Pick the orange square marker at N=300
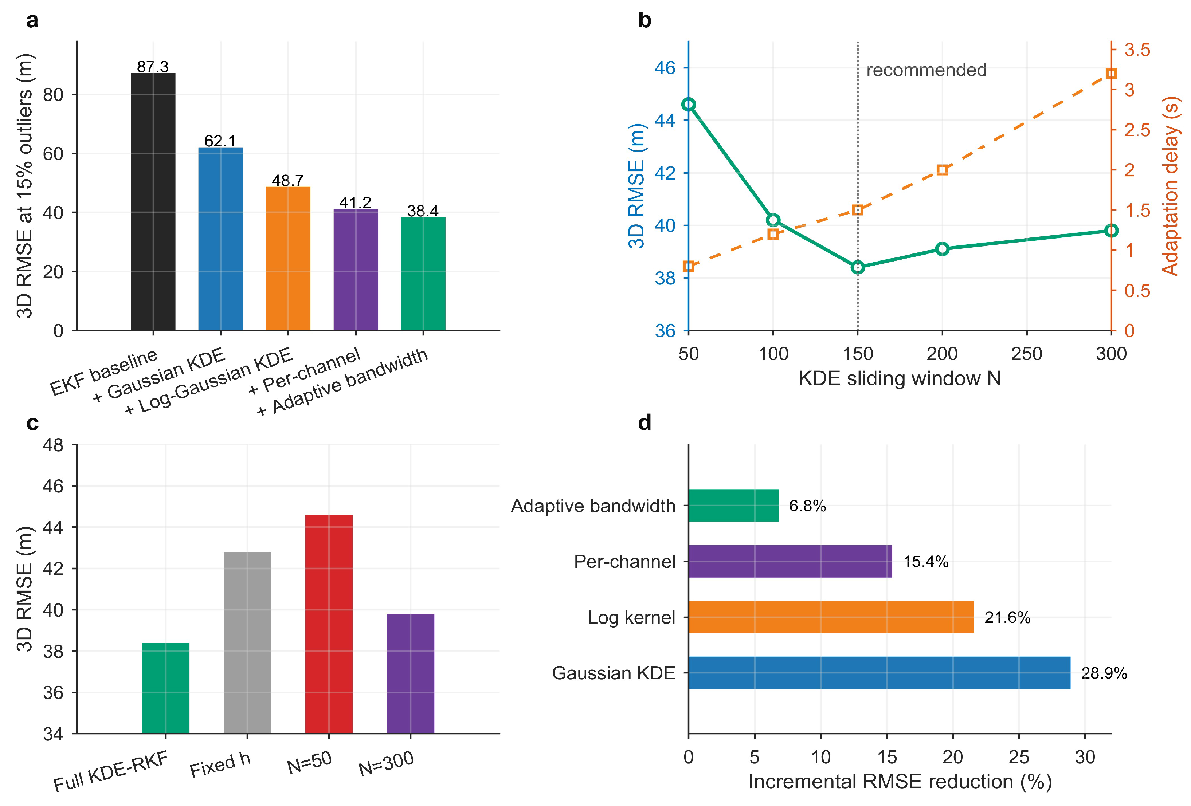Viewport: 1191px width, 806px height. pos(1111,73)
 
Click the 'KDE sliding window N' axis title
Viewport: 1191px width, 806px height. pos(900,378)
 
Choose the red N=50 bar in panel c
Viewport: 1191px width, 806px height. pos(329,624)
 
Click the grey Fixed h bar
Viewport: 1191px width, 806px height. pos(247,642)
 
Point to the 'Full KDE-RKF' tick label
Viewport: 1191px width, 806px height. pos(111,772)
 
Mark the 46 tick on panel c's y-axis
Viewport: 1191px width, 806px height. pos(53,486)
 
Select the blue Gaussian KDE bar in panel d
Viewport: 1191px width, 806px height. pos(879,673)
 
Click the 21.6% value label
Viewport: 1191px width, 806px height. pos(1007,617)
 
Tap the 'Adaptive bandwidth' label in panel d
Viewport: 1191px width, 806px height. pos(593,506)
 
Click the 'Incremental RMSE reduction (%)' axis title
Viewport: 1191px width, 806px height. pos(900,781)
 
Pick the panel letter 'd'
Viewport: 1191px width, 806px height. pos(645,423)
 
